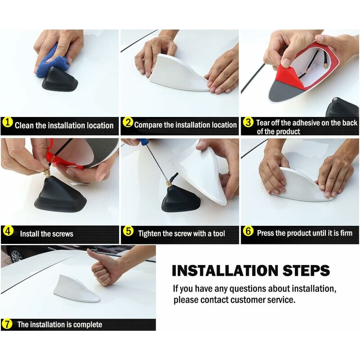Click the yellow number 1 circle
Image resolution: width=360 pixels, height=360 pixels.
(8, 122)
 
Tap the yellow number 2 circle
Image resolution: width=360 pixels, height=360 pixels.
(128, 122)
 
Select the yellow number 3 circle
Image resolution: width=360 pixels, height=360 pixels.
(248, 122)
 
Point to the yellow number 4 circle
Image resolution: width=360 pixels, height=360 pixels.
(8, 231)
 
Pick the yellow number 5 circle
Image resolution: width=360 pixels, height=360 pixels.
(128, 231)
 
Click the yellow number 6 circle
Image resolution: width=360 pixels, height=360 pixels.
(248, 231)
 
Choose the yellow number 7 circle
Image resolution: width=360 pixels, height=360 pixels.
(7, 324)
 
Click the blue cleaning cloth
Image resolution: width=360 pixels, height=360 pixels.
(52, 62)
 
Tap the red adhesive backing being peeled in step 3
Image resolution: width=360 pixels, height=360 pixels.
(290, 76)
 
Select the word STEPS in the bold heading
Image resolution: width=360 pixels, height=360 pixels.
(306, 270)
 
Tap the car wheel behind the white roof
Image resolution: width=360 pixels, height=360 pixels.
(16, 255)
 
